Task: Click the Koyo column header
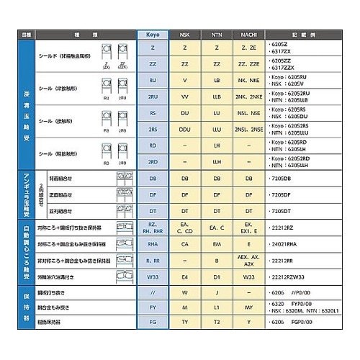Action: click(153, 34)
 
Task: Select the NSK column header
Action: click(185, 34)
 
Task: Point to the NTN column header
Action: click(217, 34)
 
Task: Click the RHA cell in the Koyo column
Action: click(153, 244)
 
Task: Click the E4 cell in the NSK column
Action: click(185, 276)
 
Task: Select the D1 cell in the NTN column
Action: click(217, 276)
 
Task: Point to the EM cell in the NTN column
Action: click(217, 244)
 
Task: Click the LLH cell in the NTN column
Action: click(217, 161)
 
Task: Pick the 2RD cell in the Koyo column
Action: click(153, 161)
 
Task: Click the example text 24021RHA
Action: click(287, 244)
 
